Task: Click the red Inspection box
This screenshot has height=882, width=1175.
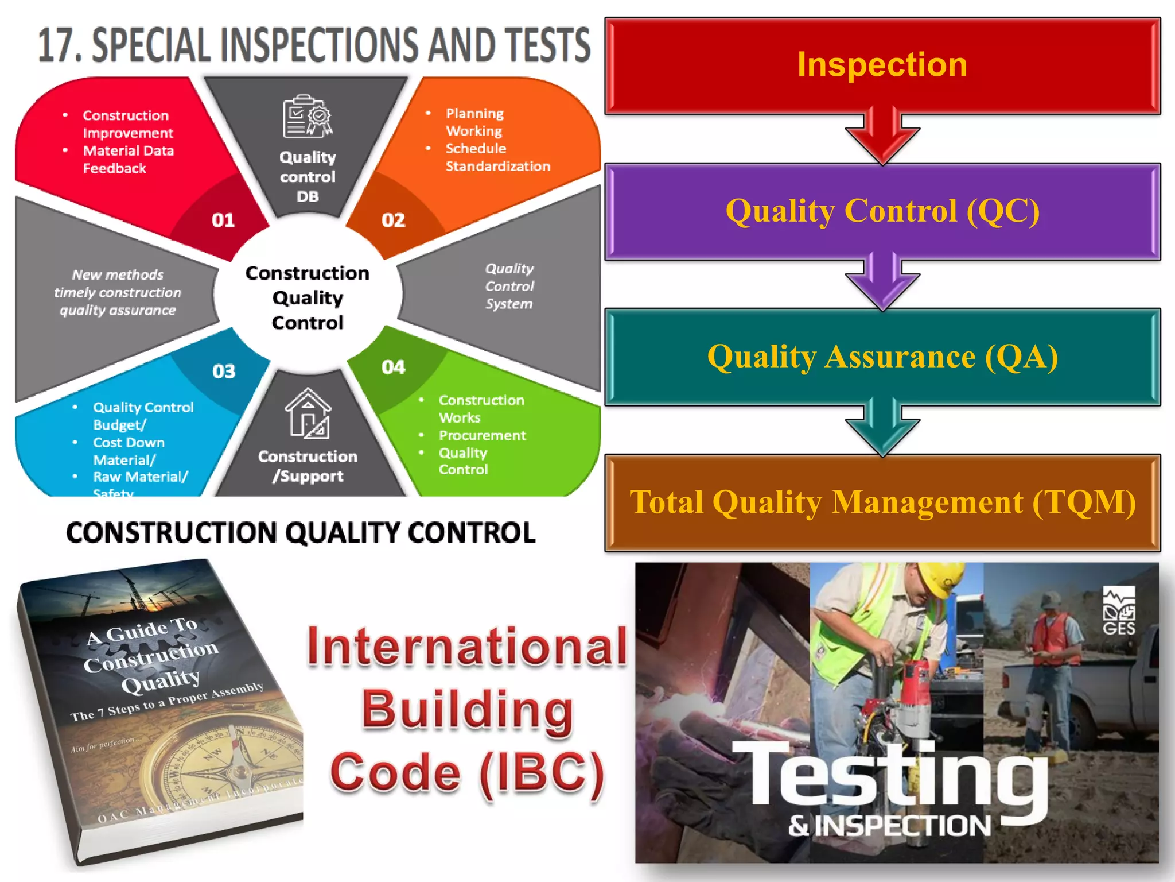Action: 882,65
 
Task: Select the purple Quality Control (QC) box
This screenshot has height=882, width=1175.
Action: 882,211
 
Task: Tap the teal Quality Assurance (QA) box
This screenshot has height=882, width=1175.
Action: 882,357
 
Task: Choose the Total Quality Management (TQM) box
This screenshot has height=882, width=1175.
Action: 882,502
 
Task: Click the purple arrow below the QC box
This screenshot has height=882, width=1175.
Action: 882,283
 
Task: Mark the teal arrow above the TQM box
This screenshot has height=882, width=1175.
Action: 882,428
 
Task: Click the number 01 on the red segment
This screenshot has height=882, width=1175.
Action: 223,220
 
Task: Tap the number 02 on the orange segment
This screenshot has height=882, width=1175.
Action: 394,220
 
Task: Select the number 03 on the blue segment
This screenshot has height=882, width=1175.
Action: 224,372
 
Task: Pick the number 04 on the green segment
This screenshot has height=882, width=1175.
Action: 394,367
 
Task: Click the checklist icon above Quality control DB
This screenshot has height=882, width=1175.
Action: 308,116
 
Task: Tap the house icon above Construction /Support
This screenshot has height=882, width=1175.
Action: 308,413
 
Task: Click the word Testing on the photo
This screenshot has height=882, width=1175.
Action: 889,775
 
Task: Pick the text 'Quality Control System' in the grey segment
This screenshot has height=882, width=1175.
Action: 509,286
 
